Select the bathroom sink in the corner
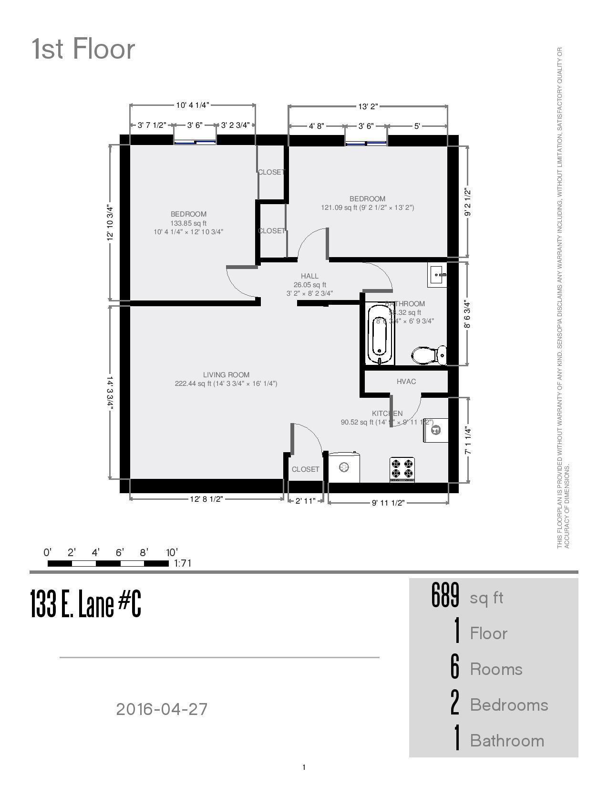[437, 275]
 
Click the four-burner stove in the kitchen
[402, 469]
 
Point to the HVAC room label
[406, 381]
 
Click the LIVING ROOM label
[226, 375]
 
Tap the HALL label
[309, 276]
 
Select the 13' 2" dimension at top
[368, 106]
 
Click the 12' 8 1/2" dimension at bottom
[206, 499]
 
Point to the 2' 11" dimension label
[305, 501]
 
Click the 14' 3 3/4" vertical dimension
[110, 393]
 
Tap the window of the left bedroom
[195, 141]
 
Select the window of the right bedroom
[366, 142]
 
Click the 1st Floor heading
[83, 49]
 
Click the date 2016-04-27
[162, 709]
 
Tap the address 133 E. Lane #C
[86, 604]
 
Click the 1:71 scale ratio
[183, 563]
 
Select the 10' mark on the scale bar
[172, 553]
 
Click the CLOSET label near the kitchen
[305, 469]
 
